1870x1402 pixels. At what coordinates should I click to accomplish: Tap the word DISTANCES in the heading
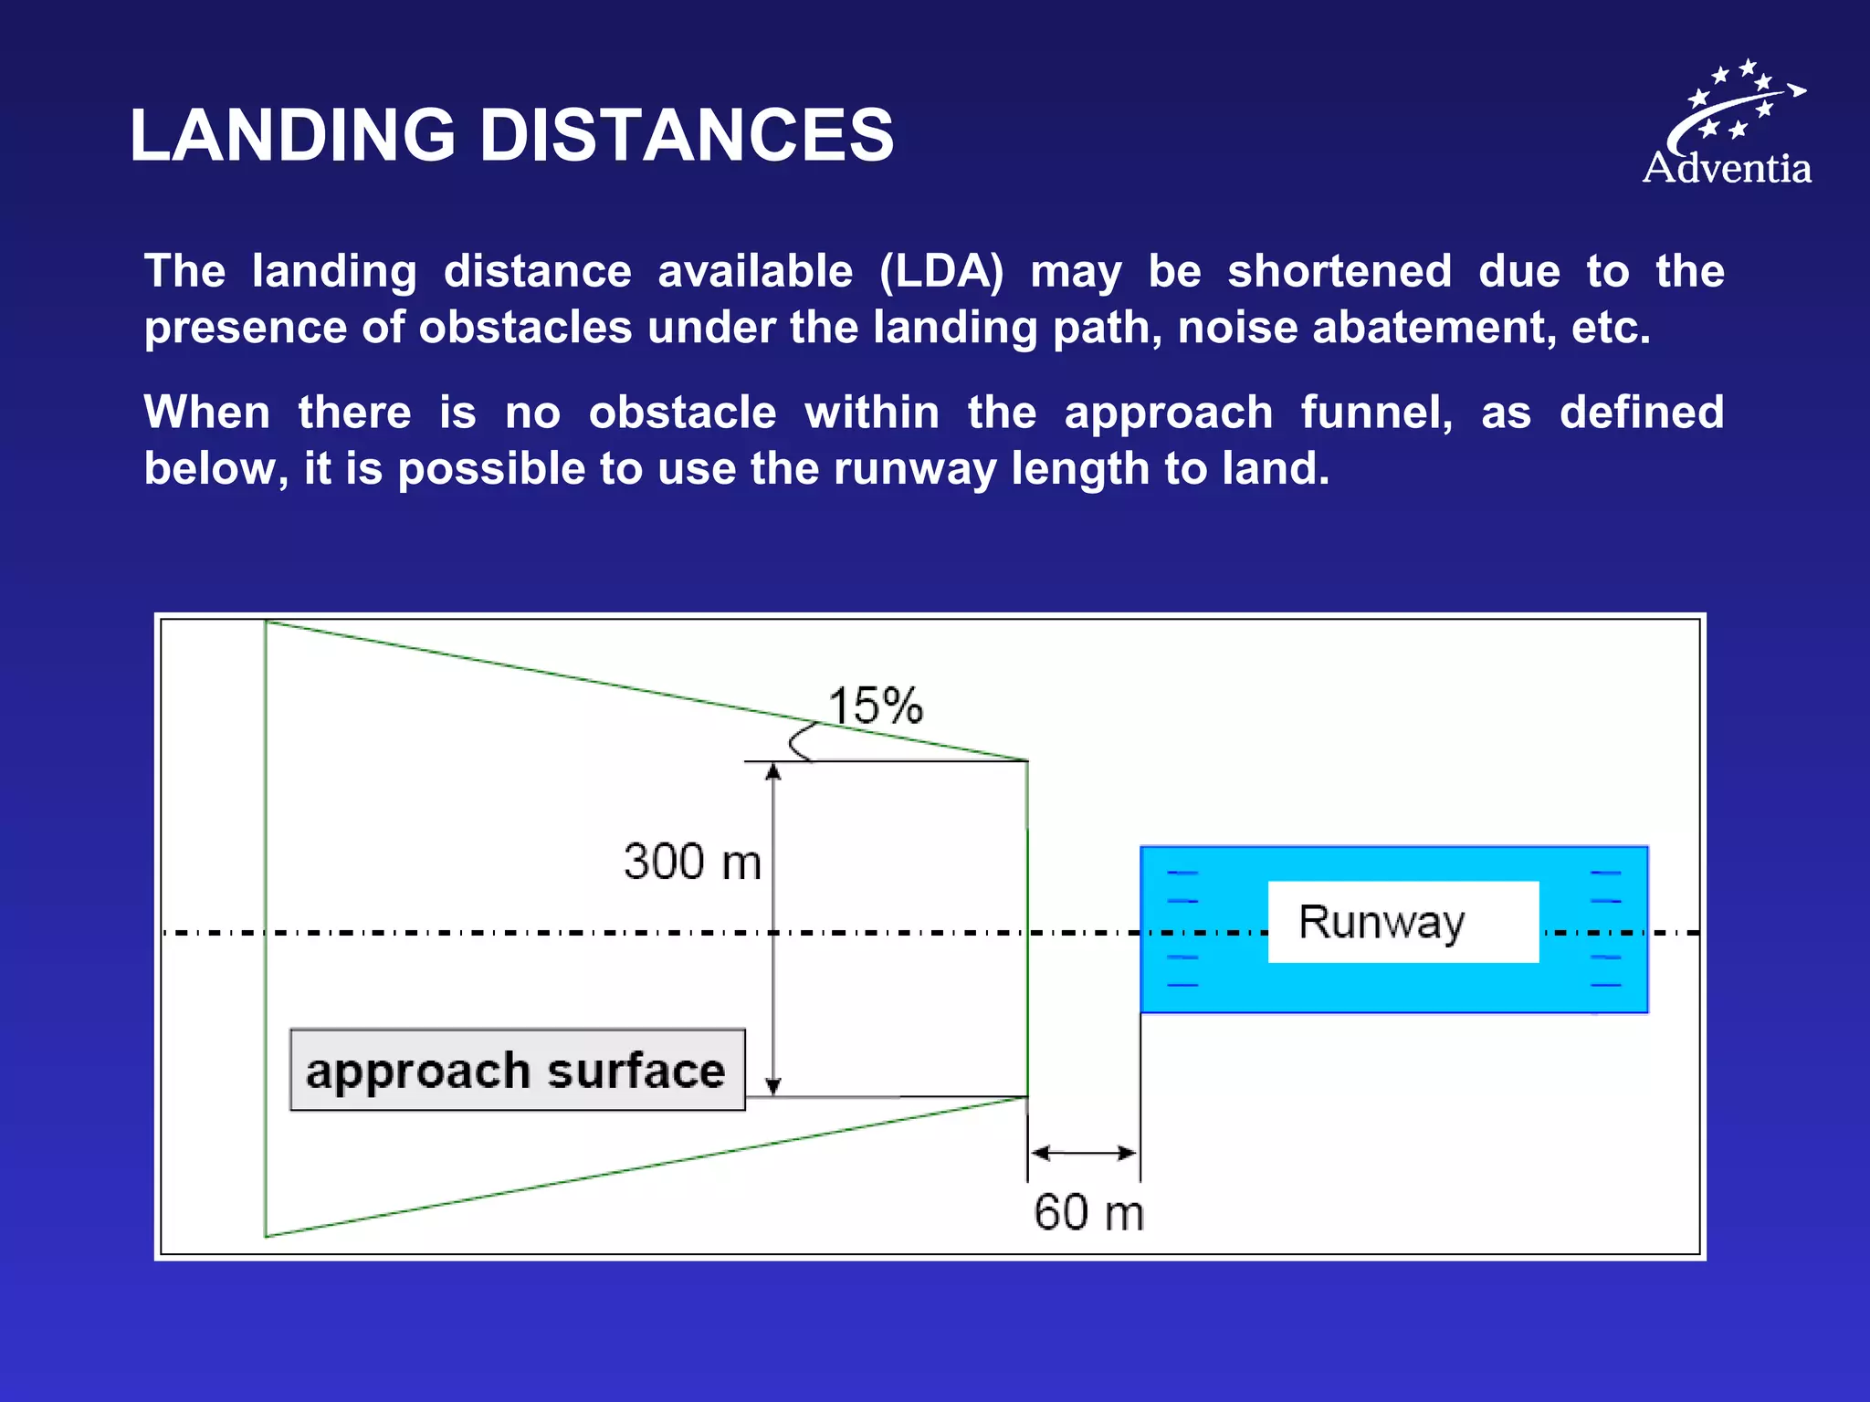[x=687, y=135]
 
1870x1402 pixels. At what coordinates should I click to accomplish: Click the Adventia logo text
[x=1727, y=169]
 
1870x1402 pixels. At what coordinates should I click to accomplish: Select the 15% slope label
[x=875, y=706]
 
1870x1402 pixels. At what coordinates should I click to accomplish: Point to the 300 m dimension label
[x=692, y=862]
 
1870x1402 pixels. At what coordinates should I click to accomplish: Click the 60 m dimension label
[x=1088, y=1213]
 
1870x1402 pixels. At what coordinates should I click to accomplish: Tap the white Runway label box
[x=1402, y=922]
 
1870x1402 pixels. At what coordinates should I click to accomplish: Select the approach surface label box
[x=517, y=1070]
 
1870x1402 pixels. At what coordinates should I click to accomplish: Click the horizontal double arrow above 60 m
[x=1084, y=1153]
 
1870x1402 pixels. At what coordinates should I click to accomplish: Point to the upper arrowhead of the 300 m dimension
[x=773, y=771]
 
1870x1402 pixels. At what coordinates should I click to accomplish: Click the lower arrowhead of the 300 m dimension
[x=773, y=1085]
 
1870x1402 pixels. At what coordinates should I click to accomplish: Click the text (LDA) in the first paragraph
[x=940, y=272]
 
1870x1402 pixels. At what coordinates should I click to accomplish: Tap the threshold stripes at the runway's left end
[x=1182, y=929]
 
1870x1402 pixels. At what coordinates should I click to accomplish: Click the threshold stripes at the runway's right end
[x=1605, y=929]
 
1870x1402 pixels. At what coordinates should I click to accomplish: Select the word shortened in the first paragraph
[x=1339, y=272]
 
